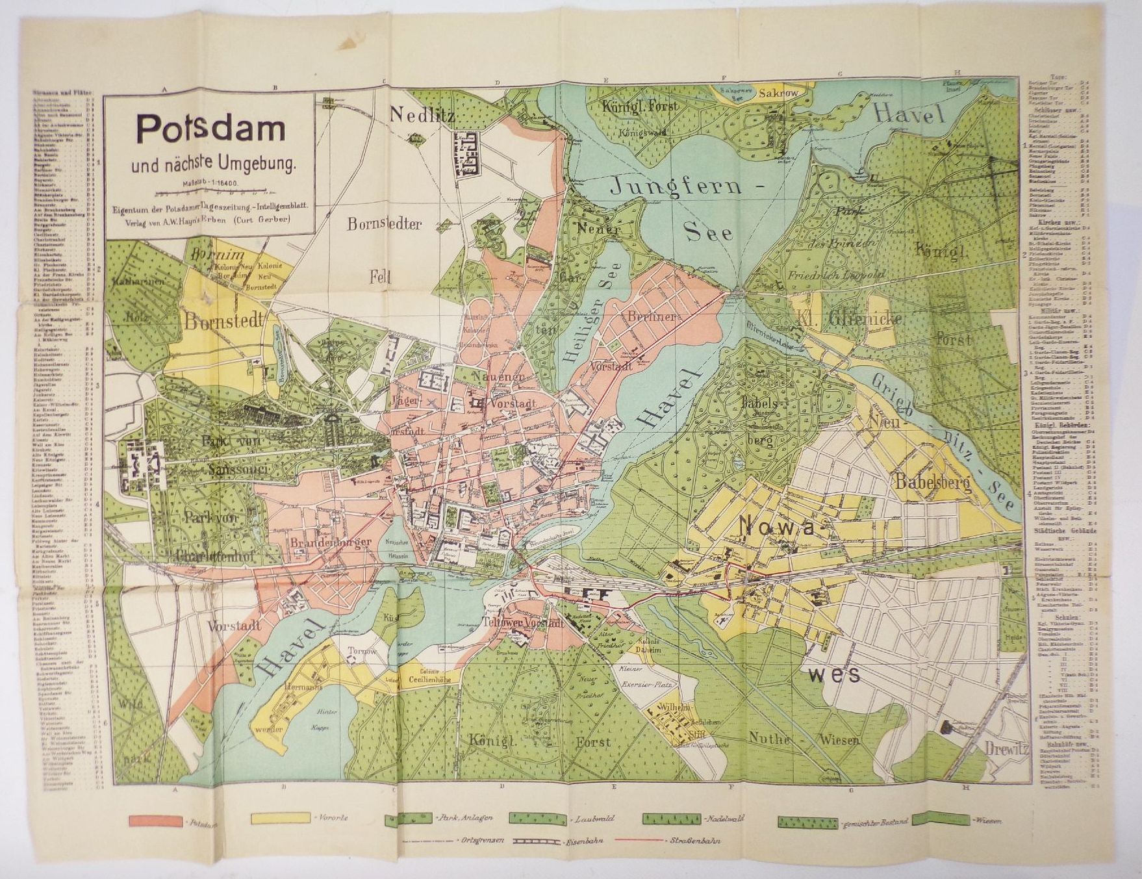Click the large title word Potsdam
coord(210,129)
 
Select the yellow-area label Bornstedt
coord(224,320)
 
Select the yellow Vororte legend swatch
coord(281,818)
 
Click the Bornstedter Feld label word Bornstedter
coord(384,224)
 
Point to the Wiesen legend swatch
coord(939,819)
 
